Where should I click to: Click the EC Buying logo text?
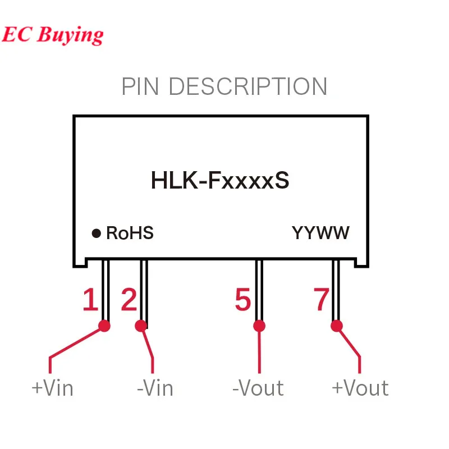pos(52,35)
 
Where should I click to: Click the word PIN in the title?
pos(142,87)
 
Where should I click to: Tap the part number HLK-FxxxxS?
pos(220,181)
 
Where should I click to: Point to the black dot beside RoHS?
pos(97,233)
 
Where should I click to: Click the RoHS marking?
pos(130,233)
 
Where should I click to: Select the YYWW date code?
pos(320,233)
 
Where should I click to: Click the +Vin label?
pos(52,388)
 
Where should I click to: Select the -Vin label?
pos(155,388)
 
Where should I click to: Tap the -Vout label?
pos(258,388)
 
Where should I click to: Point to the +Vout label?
pos(360,388)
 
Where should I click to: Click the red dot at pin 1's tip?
pos(104,325)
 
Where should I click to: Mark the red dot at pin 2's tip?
pos(141,325)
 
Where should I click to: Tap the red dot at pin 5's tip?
pos(259,325)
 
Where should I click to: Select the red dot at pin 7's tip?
pos(337,325)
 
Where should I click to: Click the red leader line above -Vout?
pos(259,351)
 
